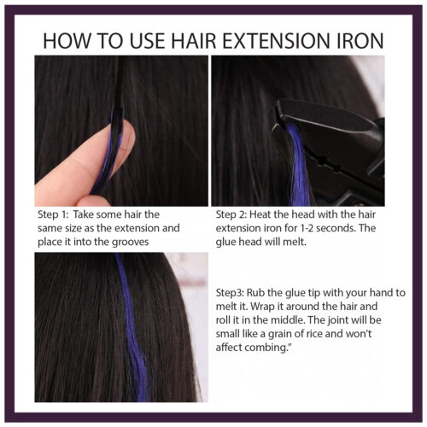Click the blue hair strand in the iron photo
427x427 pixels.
tap(298, 167)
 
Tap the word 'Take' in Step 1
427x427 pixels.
tap(97, 214)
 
